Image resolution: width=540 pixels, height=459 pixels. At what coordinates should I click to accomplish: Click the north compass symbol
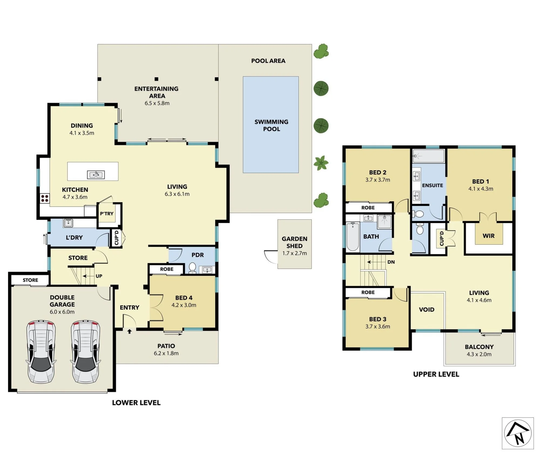click(518, 433)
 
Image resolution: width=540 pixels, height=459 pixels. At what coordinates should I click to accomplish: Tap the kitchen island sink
click(96, 175)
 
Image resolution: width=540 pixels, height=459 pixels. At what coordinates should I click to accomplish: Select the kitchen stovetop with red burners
click(45, 198)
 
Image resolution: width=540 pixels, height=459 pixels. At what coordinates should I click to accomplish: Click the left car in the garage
click(41, 351)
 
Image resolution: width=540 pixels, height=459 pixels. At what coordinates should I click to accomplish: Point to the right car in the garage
click(86, 351)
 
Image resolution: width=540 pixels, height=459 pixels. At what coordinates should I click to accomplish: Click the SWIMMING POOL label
click(271, 125)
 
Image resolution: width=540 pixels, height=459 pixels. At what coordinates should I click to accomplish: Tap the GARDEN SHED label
click(295, 242)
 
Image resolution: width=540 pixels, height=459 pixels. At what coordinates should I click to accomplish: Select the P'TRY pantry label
click(107, 214)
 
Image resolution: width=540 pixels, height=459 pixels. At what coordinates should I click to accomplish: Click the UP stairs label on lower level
click(99, 276)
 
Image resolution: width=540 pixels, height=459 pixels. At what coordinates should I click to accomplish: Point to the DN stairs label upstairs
click(391, 262)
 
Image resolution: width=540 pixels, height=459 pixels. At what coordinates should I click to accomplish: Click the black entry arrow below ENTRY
click(129, 331)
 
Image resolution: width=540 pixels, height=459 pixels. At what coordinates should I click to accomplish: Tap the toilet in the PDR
click(192, 268)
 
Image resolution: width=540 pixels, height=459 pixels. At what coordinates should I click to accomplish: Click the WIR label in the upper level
click(488, 236)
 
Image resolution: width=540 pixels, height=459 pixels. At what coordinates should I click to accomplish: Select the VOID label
click(427, 310)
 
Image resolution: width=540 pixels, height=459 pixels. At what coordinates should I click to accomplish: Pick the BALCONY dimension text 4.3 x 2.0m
click(479, 354)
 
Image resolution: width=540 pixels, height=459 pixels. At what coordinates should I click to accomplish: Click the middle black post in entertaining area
click(156, 79)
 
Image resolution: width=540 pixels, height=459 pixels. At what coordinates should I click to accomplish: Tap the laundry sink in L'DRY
click(68, 223)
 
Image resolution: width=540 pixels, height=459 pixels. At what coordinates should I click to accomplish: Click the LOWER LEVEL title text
click(136, 403)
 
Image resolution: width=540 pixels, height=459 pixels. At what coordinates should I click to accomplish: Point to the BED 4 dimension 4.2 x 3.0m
click(184, 305)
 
